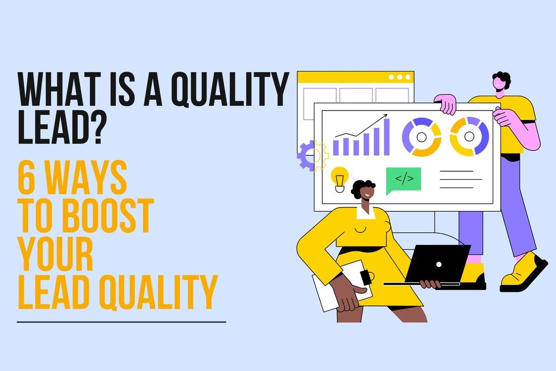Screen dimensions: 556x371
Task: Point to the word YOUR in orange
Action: point(56,254)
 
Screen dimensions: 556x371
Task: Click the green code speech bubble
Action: point(404,180)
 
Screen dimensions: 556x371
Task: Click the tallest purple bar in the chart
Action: point(387,137)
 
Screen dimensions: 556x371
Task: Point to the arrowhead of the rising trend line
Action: point(385,116)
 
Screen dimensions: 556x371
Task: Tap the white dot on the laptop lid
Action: point(439,264)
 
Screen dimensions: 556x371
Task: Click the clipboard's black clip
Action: point(365,277)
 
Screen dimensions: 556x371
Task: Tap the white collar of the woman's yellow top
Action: point(366,214)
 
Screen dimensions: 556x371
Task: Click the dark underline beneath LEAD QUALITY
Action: point(121,322)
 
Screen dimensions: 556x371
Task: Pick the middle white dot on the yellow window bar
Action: point(399,77)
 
